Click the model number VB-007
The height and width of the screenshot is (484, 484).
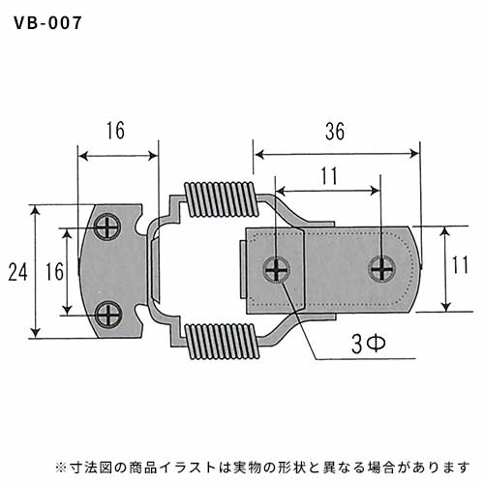point(47,23)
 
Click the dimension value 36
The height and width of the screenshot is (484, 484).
point(335,132)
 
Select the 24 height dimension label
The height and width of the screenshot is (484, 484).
point(18,272)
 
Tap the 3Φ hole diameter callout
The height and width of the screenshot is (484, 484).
point(369,344)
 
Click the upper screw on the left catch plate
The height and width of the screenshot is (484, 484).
point(107,227)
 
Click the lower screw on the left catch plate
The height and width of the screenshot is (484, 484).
point(108,314)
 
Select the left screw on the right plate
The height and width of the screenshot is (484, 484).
point(277,270)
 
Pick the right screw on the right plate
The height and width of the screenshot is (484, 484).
point(382,269)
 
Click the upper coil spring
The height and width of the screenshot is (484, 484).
point(222,199)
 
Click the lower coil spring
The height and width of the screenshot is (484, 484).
point(222,341)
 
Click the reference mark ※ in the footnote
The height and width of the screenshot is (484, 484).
point(60,468)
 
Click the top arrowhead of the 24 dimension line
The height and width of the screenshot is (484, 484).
point(36,209)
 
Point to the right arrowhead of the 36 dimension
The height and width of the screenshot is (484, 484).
point(413,154)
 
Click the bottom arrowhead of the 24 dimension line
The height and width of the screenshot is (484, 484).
point(36,332)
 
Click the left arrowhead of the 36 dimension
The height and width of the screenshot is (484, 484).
point(260,154)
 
